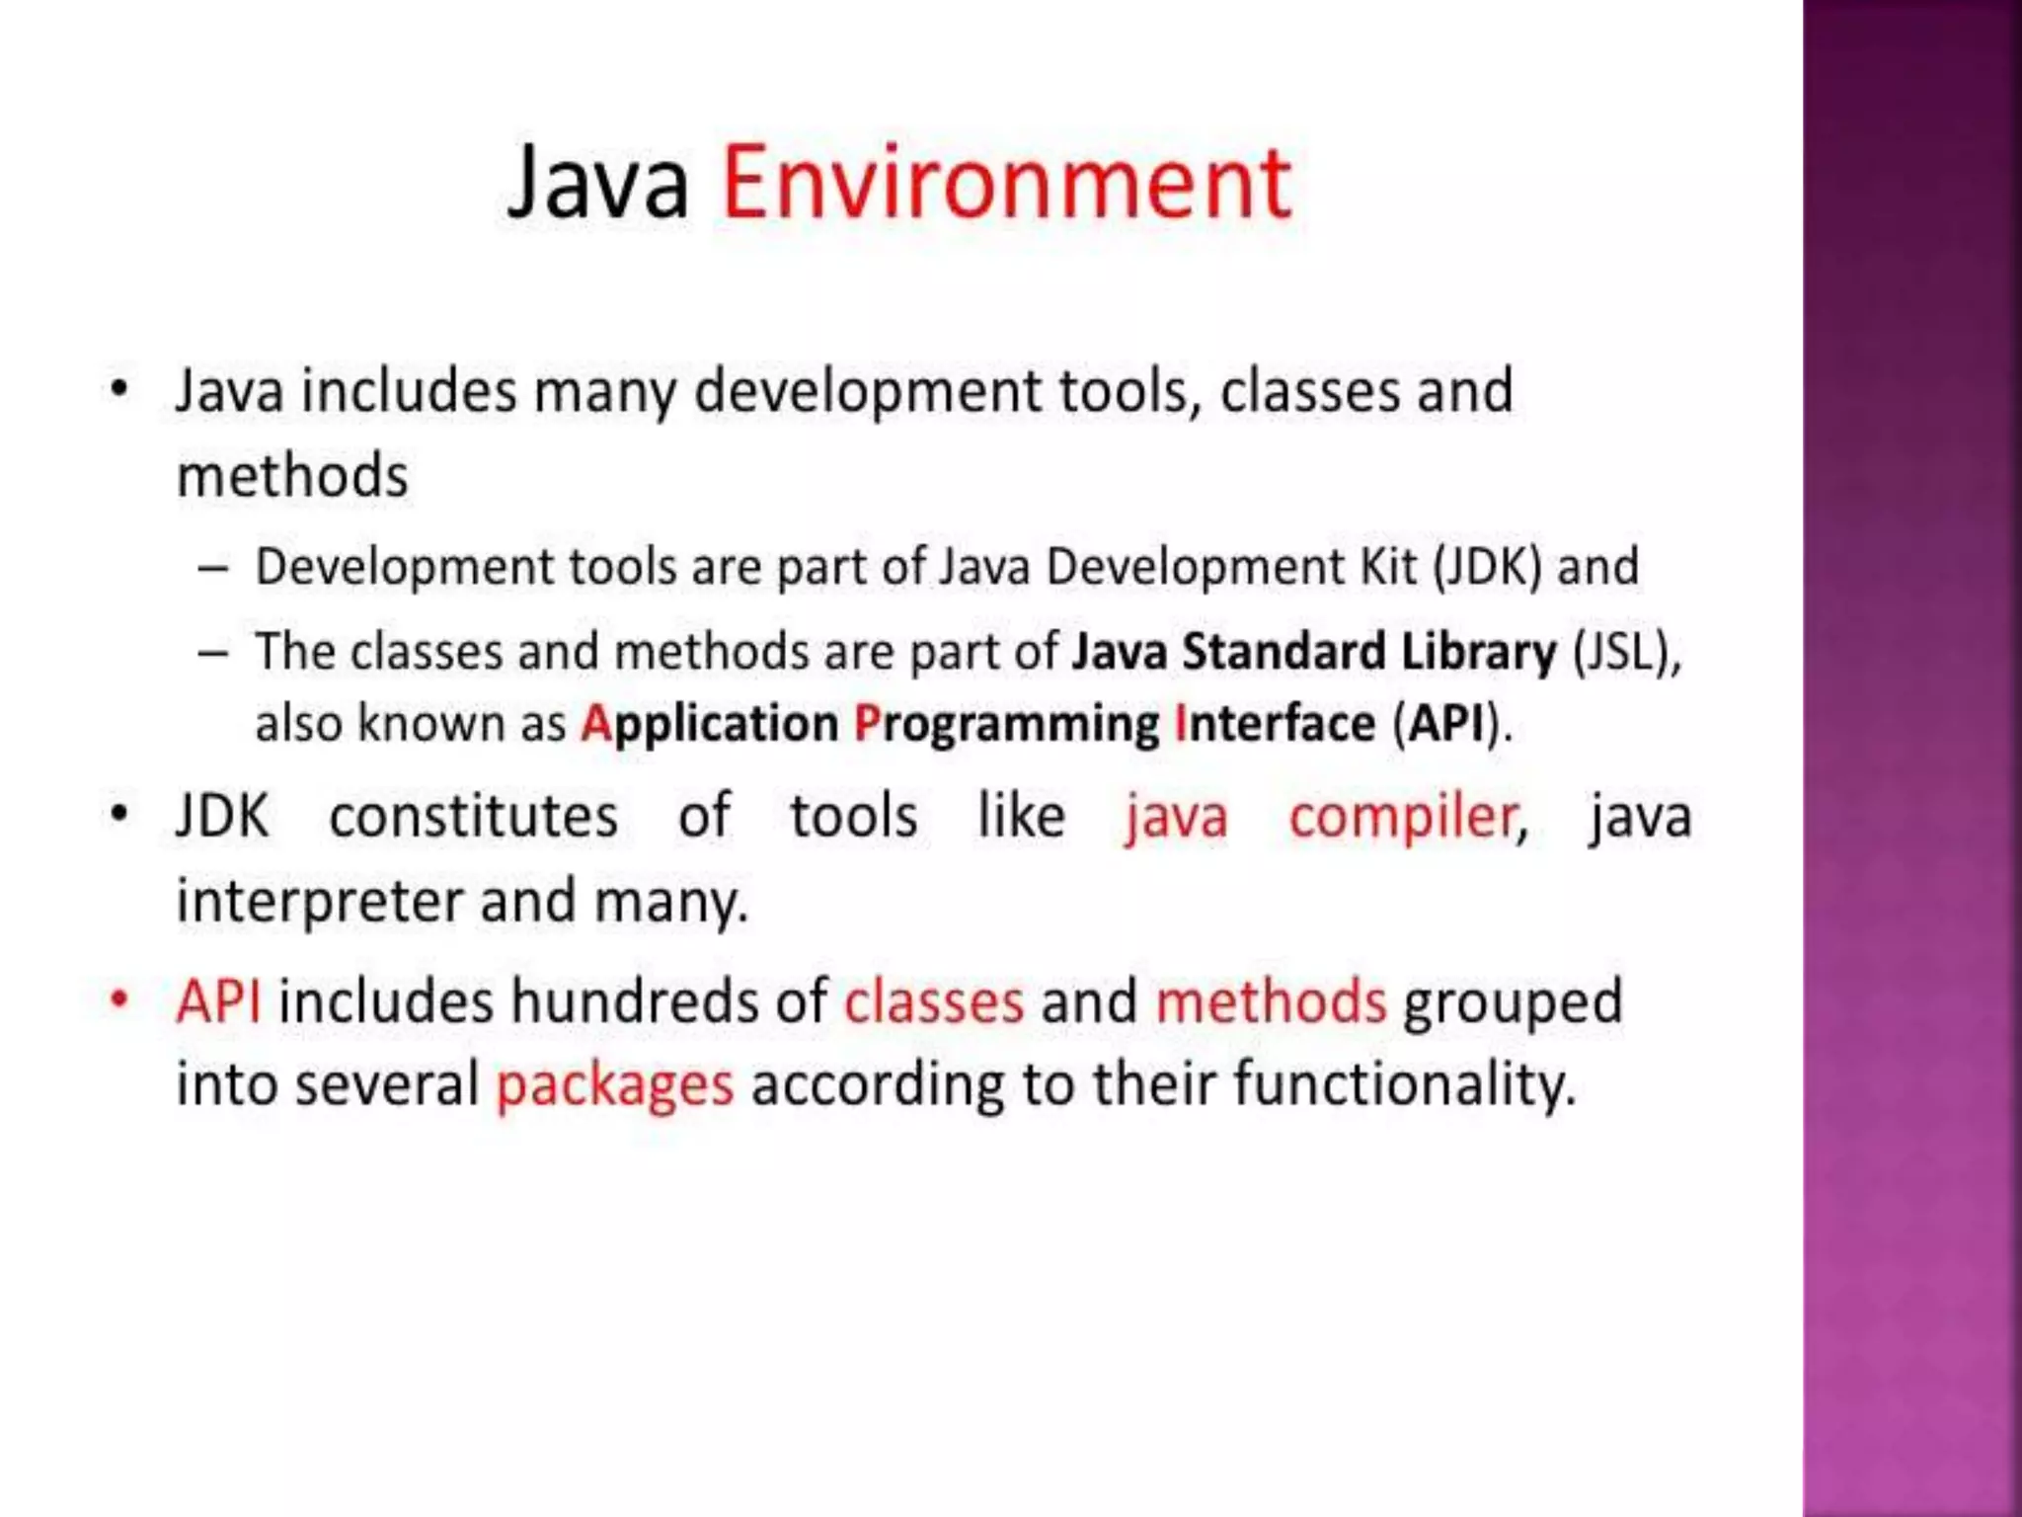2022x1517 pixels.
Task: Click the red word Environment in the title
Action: (x=1006, y=184)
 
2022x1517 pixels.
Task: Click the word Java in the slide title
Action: (x=598, y=184)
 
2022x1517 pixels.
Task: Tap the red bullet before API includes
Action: (x=119, y=999)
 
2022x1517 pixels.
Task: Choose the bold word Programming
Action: (x=1006, y=724)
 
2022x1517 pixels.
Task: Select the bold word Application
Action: (x=709, y=724)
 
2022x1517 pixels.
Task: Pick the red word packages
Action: (x=615, y=1085)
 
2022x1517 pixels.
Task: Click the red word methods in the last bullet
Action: (x=1271, y=1000)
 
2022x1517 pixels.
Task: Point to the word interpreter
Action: (x=320, y=902)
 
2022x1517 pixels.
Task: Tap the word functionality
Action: (x=1403, y=1083)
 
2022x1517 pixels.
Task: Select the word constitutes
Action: (x=473, y=817)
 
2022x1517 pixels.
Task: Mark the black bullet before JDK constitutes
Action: (x=119, y=816)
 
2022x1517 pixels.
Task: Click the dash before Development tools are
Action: (x=213, y=569)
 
